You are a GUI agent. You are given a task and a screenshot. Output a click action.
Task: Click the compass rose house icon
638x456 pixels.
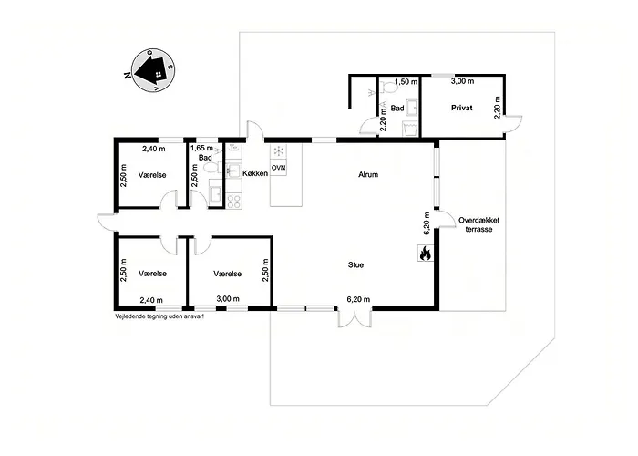[150, 70]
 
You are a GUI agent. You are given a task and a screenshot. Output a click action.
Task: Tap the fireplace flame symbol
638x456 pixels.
[426, 253]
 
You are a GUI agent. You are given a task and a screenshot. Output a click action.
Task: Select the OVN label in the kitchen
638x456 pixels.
[278, 168]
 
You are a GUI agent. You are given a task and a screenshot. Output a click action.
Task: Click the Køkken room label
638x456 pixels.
[255, 173]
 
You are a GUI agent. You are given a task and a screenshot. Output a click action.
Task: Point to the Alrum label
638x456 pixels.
[368, 175]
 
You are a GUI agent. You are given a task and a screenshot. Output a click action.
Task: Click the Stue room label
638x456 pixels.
[355, 265]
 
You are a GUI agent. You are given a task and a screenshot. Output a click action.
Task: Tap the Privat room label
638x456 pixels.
[462, 108]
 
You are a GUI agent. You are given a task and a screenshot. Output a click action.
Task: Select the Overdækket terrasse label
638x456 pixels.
[478, 224]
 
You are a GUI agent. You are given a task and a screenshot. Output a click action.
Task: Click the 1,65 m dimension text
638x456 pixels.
[201, 148]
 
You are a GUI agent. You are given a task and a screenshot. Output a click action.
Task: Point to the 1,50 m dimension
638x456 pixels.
[406, 82]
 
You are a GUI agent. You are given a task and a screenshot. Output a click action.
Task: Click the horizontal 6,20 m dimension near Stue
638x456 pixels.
[358, 300]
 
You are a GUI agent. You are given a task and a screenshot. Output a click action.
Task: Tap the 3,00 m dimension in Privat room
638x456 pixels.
[463, 81]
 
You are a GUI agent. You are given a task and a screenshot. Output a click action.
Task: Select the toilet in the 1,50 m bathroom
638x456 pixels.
[389, 87]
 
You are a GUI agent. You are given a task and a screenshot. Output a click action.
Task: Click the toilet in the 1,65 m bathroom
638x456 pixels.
[212, 168]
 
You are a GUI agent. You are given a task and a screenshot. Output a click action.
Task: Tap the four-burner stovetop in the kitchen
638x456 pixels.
[233, 202]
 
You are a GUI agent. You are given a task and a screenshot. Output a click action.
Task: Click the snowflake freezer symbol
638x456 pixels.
[278, 151]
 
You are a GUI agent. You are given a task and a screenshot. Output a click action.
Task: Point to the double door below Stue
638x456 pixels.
[355, 318]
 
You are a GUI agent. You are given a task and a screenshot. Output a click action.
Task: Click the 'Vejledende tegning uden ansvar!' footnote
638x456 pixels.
[159, 316]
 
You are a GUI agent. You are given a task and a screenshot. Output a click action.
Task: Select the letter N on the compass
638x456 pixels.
[128, 76]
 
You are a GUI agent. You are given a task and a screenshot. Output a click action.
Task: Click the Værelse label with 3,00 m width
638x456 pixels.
[228, 274]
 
